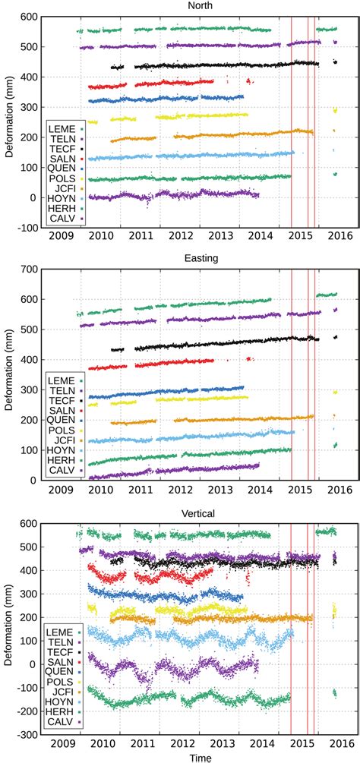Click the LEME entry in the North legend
point(62,126)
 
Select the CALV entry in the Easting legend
point(62,471)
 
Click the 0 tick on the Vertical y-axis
point(33,664)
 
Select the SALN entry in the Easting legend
point(62,409)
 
